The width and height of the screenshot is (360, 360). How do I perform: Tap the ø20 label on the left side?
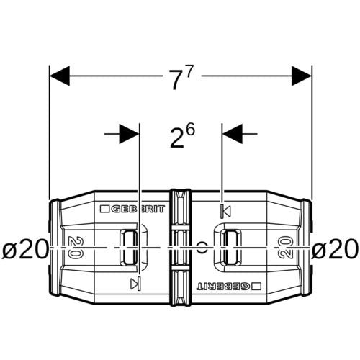point(25,249)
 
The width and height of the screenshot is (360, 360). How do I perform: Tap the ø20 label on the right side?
point(335,249)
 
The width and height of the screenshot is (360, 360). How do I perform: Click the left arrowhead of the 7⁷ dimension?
point(59,76)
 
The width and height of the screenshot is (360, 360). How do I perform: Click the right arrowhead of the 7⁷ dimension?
point(302,76)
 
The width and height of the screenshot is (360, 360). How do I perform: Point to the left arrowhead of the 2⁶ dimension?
point(129,134)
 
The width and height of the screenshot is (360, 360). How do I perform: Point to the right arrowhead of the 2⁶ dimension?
point(233,134)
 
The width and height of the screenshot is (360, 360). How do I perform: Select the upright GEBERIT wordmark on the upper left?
point(138,209)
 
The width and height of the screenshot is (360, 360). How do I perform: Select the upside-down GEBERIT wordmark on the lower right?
point(223,286)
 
